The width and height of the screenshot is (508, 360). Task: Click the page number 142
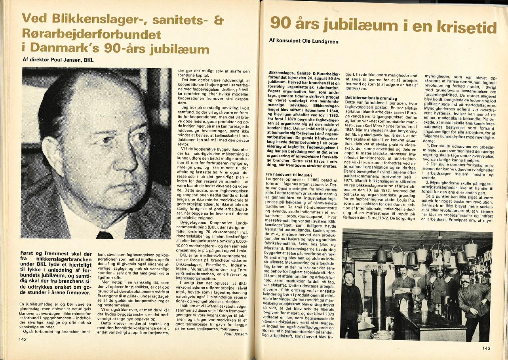(22, 339)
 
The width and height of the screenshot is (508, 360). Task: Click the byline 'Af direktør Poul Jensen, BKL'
(57, 60)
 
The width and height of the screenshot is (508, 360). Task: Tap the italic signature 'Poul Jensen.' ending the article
(236, 334)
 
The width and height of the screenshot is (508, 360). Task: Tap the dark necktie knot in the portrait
(104, 234)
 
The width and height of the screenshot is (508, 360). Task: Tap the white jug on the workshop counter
(403, 305)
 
